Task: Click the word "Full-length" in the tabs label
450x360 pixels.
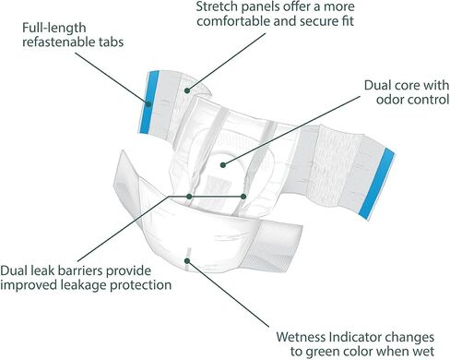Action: pyautogui.click(x=54, y=28)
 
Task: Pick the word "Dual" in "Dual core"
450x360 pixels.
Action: pyautogui.click(x=377, y=85)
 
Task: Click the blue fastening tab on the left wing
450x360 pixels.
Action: pyautogui.click(x=149, y=102)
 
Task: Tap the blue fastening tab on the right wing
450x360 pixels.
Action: pyautogui.click(x=376, y=184)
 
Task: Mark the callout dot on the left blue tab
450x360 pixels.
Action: pyautogui.click(x=148, y=104)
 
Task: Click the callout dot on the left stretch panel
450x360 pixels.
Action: pyautogui.click(x=187, y=90)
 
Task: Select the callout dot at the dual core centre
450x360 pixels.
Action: pyautogui.click(x=223, y=165)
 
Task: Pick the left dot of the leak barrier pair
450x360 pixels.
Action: pyautogui.click(x=189, y=197)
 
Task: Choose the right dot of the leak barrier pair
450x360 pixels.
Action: pyautogui.click(x=243, y=197)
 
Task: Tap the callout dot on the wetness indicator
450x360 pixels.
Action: pyautogui.click(x=187, y=261)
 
